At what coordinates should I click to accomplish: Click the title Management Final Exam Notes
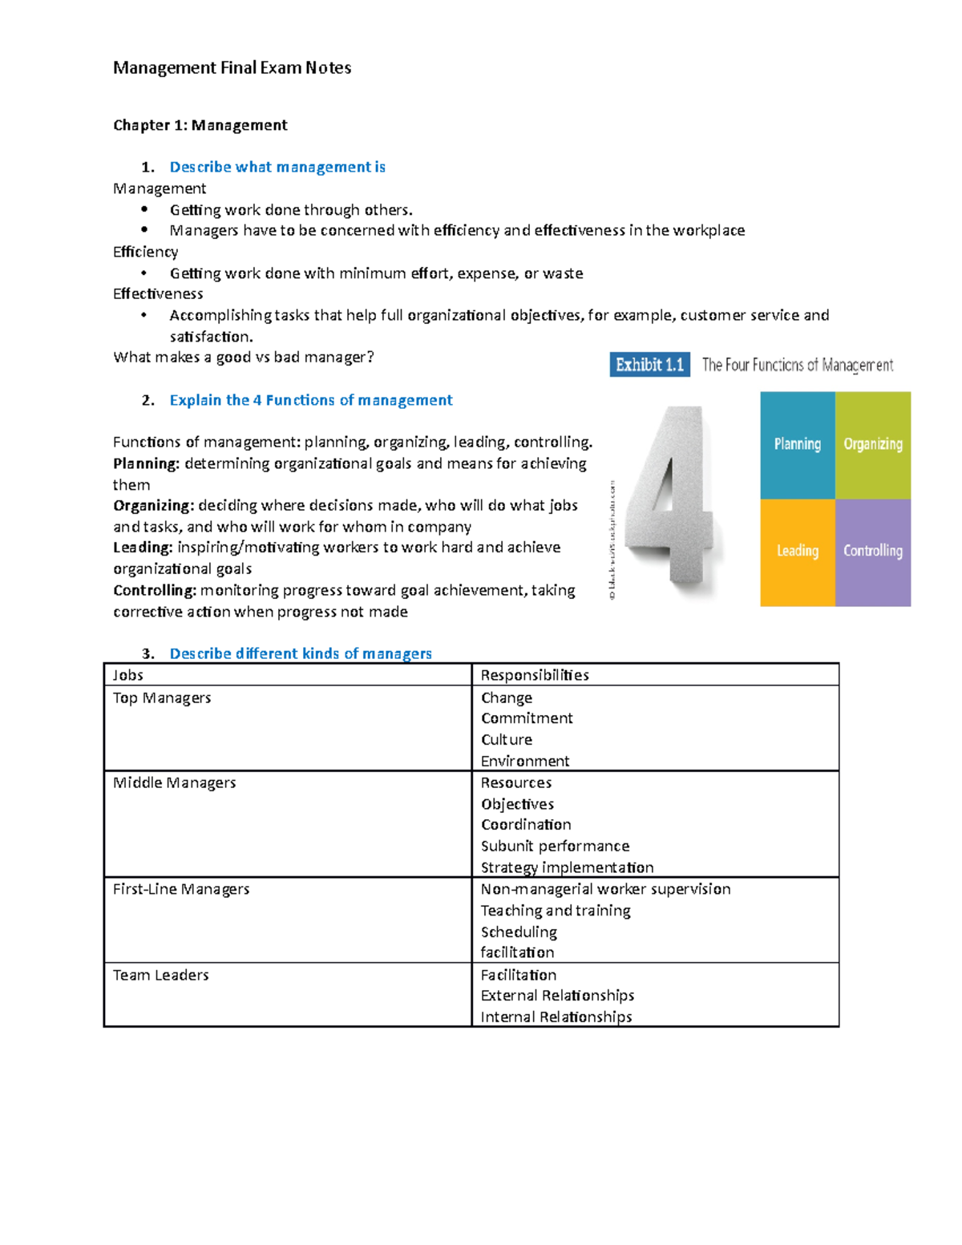(232, 68)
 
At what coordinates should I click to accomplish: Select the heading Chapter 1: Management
(200, 125)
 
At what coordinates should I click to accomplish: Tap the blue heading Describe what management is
(277, 167)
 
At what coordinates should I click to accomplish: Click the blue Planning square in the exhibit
(797, 445)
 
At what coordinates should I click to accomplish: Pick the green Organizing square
(872, 445)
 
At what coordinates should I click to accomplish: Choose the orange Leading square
(797, 552)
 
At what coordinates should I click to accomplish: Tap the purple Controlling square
(872, 552)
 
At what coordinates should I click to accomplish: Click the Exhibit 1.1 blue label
(649, 365)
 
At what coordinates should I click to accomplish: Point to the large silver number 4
(672, 501)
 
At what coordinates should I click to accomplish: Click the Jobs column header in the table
(128, 675)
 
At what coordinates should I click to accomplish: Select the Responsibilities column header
(535, 675)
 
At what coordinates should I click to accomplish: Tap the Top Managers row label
(162, 697)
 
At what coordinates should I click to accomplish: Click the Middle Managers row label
(174, 782)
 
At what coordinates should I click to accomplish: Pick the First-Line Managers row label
(181, 889)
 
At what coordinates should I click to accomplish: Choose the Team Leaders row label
(160, 975)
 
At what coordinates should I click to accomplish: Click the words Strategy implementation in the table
(567, 867)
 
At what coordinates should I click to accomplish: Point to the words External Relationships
(557, 996)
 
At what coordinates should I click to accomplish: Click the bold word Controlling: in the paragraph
(155, 591)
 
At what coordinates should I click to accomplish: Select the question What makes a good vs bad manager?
(244, 358)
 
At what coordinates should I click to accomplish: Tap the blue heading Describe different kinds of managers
(301, 653)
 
